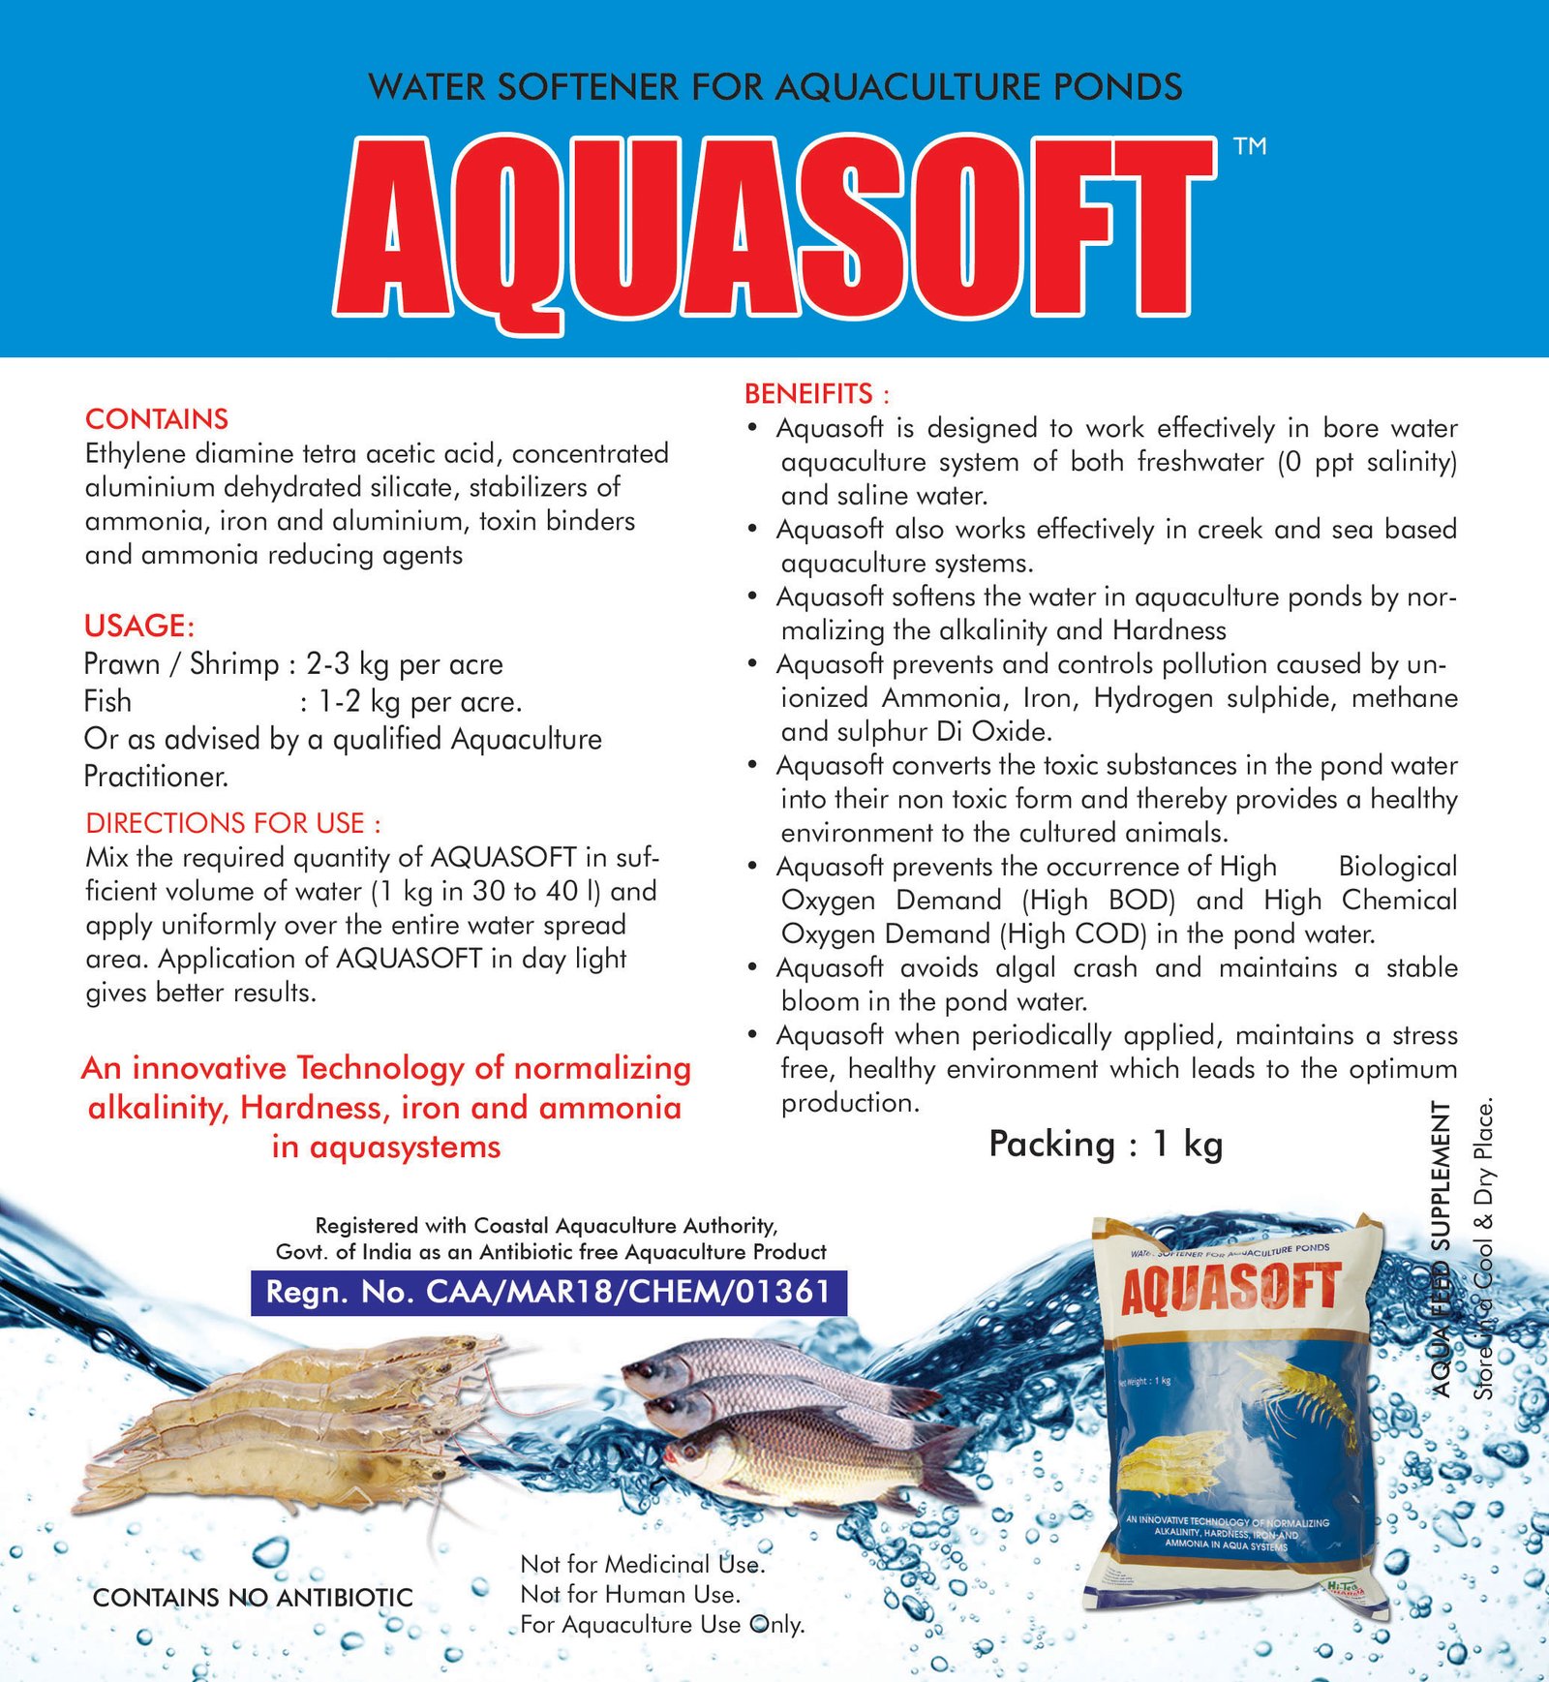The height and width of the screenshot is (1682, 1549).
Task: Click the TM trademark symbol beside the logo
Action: (1250, 146)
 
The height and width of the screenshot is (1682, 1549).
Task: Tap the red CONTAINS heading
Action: (157, 419)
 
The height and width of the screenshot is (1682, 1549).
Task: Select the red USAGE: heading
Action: (139, 627)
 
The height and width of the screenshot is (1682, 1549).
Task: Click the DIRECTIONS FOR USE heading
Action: (232, 823)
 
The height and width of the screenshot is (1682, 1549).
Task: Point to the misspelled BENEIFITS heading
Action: (815, 394)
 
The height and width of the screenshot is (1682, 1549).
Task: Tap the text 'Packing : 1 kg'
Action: (1106, 1145)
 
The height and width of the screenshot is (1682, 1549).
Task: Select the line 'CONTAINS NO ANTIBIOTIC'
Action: (253, 1597)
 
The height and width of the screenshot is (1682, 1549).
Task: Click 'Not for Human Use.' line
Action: (629, 1594)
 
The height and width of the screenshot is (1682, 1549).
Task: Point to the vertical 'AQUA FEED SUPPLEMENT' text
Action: (1442, 1249)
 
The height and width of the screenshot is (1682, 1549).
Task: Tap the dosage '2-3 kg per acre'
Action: (405, 664)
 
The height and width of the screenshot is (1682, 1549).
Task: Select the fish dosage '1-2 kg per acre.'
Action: (420, 702)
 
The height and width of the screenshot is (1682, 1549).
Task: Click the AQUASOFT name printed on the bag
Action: (1230, 1289)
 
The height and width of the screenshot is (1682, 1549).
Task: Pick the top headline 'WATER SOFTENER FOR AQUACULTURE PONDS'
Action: (774, 87)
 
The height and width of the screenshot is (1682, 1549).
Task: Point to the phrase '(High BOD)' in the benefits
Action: (1098, 901)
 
